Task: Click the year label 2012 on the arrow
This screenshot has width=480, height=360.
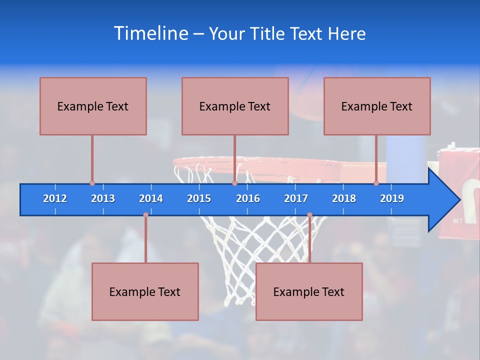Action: click(x=55, y=198)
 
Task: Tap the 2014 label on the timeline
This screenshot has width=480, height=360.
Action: click(x=151, y=198)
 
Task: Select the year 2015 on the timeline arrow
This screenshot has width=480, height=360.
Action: click(x=199, y=198)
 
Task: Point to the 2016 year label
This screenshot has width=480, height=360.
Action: click(x=248, y=198)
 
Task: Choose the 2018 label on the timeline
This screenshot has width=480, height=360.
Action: click(x=344, y=198)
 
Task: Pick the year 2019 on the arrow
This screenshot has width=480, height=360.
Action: click(x=392, y=198)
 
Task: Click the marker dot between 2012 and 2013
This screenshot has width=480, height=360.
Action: click(x=92, y=183)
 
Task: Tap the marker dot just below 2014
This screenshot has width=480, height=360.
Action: click(x=145, y=215)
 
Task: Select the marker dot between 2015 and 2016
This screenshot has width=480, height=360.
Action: click(x=234, y=183)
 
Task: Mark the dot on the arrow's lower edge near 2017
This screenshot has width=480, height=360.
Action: click(x=309, y=215)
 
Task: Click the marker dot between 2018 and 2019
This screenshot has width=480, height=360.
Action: click(x=376, y=183)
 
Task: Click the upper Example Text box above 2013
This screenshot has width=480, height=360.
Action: click(x=93, y=106)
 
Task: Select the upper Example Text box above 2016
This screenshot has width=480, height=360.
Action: click(x=235, y=106)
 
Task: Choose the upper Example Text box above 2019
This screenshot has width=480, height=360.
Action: click(x=377, y=106)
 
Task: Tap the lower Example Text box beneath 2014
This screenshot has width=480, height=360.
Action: click(x=145, y=291)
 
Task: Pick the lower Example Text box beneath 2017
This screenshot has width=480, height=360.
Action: click(x=309, y=291)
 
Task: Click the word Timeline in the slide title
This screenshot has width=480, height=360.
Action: click(x=150, y=33)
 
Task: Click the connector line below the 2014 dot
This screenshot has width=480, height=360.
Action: click(x=145, y=240)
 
